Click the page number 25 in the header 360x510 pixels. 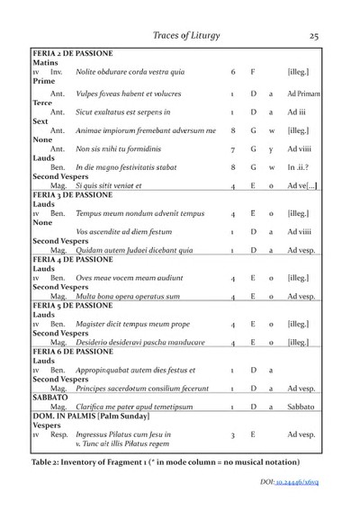point(314,36)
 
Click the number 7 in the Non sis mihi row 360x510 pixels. point(232,151)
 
